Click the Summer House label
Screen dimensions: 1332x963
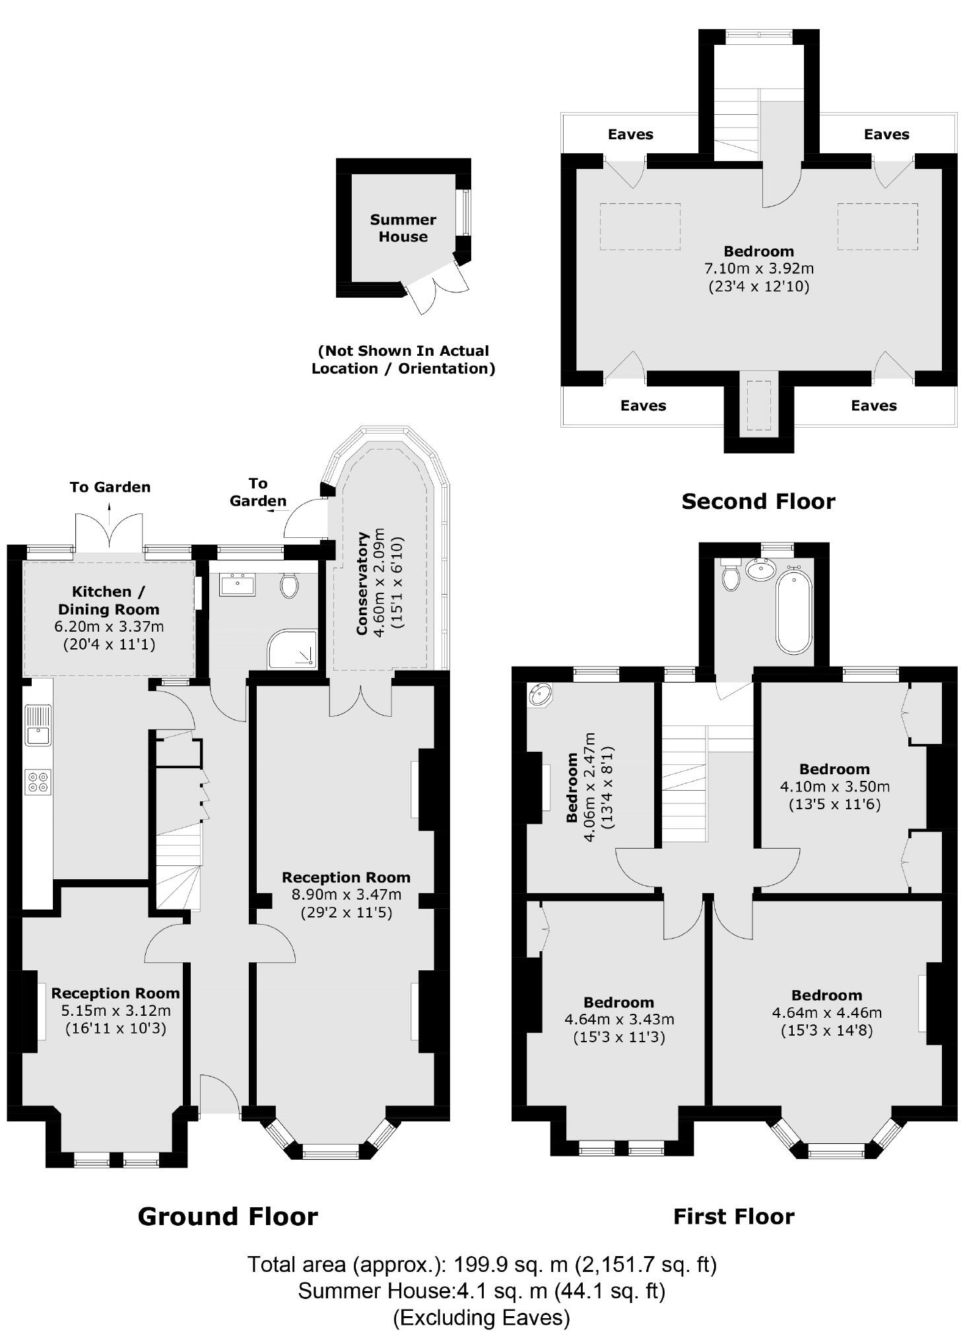[x=403, y=228]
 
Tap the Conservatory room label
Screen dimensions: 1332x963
[x=362, y=583]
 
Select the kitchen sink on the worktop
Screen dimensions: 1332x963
[x=38, y=725]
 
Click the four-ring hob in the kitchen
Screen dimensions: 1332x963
[x=38, y=782]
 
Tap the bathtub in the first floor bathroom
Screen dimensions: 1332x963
[x=793, y=611]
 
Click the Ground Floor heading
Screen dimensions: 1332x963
[x=228, y=1216]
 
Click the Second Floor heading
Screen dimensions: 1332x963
[x=758, y=502]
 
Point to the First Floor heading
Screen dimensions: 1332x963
[x=733, y=1216]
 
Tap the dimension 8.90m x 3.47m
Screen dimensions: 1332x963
[x=346, y=895]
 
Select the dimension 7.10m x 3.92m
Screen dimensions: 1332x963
[x=758, y=269]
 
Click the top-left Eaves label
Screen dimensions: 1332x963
[x=630, y=135]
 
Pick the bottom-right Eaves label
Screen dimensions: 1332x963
[x=873, y=405]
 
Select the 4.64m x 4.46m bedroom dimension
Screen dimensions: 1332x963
[x=826, y=1013]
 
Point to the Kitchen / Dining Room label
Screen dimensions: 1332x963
[x=108, y=600]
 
